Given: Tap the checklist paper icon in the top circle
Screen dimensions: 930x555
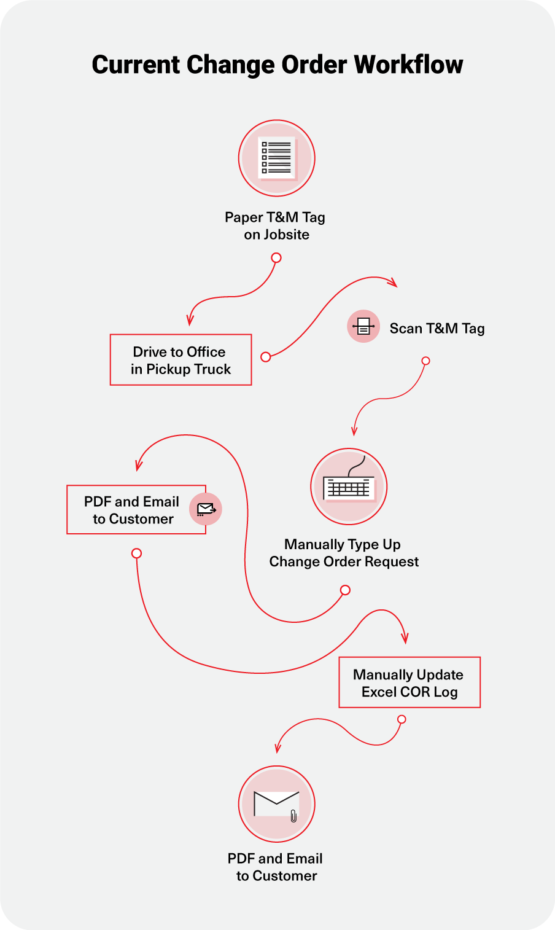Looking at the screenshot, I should (277, 158).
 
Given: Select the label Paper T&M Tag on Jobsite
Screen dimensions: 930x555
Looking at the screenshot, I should (276, 225).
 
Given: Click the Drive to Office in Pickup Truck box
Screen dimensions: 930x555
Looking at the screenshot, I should (180, 360).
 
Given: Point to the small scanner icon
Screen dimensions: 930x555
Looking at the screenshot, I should (363, 326).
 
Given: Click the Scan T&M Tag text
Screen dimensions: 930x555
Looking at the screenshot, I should (437, 329).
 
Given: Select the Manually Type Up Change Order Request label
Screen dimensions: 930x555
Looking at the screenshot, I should (344, 553).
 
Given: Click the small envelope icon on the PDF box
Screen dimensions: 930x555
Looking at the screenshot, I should (206, 509).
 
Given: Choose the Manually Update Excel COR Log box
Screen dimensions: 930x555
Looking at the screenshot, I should (409, 682).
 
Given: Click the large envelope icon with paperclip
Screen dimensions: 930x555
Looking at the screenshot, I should (276, 803).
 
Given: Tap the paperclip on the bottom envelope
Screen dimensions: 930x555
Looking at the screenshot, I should (293, 816).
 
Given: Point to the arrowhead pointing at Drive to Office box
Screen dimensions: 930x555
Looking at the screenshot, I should (190, 320).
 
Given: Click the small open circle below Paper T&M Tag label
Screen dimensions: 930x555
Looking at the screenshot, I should (276, 258).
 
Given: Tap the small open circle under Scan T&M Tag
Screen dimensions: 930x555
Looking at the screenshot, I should (425, 361).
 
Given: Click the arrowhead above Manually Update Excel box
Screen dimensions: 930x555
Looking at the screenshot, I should (405, 638).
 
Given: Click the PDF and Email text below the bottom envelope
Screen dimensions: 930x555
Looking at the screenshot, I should (275, 859).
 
